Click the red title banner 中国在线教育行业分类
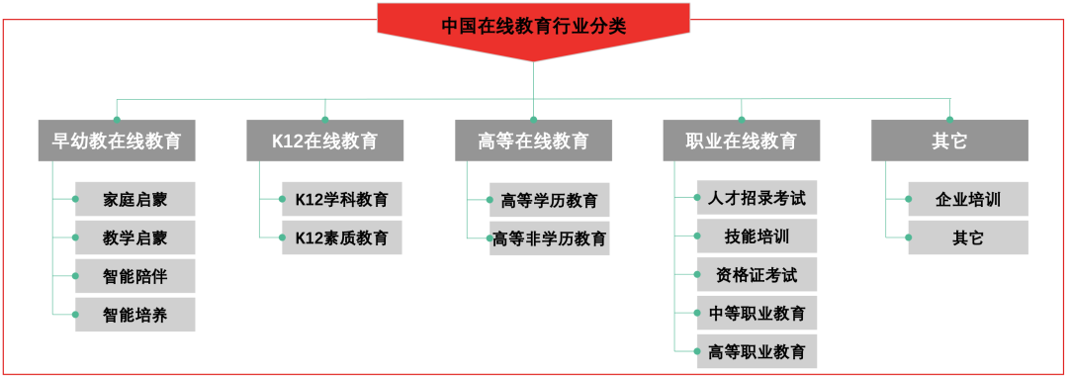tap(534, 26)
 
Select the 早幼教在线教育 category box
tap(117, 141)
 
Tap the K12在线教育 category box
tap(324, 141)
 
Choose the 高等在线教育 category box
tap(533, 141)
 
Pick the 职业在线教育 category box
tap(741, 141)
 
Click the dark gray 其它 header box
tap(949, 141)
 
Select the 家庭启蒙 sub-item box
tap(135, 199)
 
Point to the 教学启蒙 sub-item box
tap(135, 237)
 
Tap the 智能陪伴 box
tap(135, 276)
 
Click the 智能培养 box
tap(135, 315)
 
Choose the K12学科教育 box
tap(342, 199)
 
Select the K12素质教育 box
tap(342, 237)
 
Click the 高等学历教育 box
tap(550, 200)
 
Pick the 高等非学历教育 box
tap(550, 238)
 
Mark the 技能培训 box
tap(757, 236)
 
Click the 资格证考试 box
tap(757, 274)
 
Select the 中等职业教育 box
tap(757, 313)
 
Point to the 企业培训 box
tap(968, 199)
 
